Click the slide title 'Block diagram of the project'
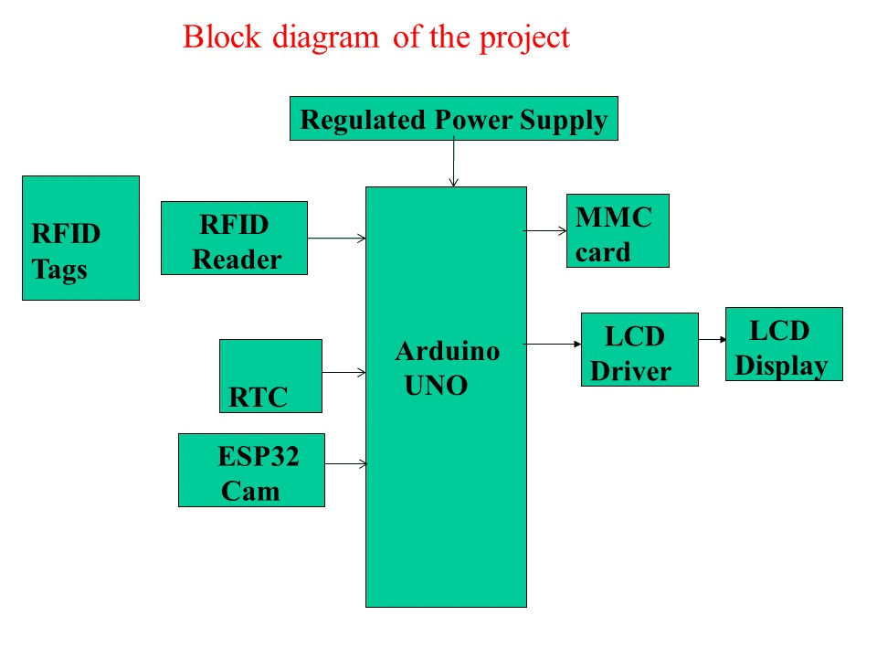click(x=375, y=37)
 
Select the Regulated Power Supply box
click(x=453, y=119)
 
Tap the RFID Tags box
click(x=80, y=238)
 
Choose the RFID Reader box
click(x=234, y=239)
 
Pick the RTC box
click(x=270, y=376)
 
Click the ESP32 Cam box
click(x=251, y=470)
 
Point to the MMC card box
click(x=618, y=230)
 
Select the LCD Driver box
click(x=639, y=349)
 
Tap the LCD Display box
click(x=784, y=344)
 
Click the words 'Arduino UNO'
click(x=447, y=367)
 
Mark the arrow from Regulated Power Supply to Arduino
click(x=453, y=164)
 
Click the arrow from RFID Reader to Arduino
click(x=336, y=239)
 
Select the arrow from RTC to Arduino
click(x=343, y=373)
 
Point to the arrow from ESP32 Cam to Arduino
click(x=345, y=464)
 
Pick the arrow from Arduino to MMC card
click(x=546, y=231)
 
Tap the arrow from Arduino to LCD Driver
click(x=554, y=345)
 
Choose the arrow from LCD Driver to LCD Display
click(x=712, y=340)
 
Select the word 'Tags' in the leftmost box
click(x=60, y=270)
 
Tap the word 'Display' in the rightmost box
click(x=782, y=365)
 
